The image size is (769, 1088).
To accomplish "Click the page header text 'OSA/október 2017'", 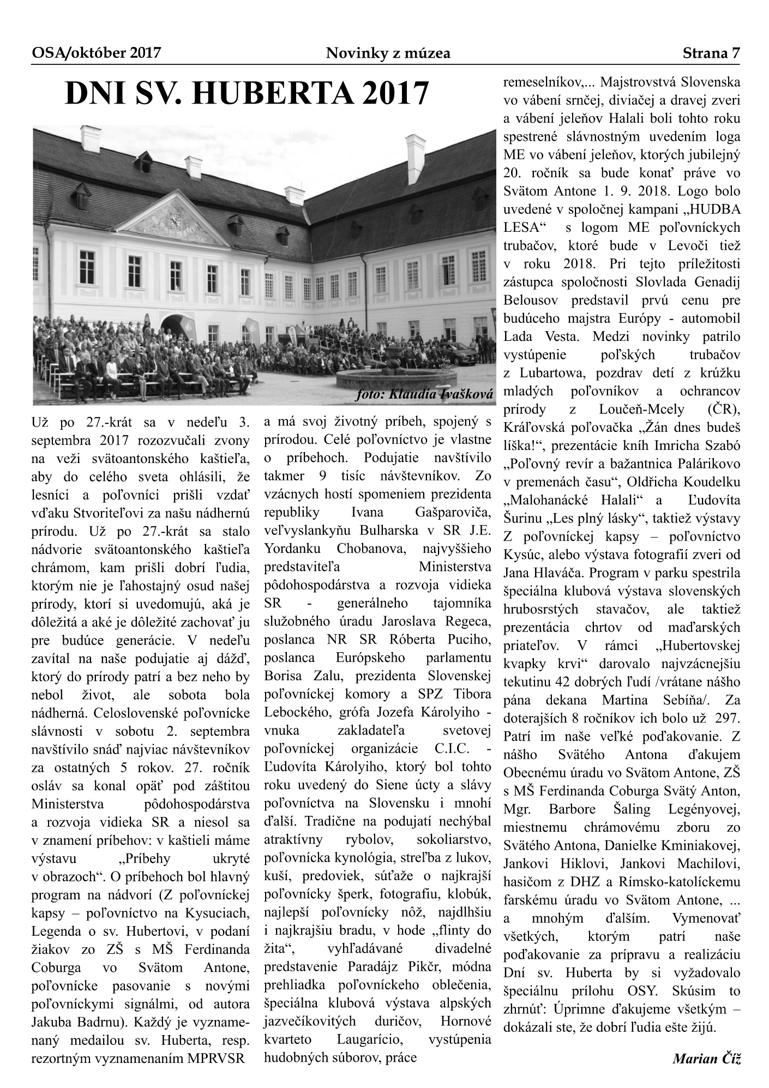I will pos(96,53).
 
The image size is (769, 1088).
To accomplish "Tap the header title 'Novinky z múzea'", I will pos(388,53).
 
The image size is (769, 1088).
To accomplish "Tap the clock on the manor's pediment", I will pos(175,220).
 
